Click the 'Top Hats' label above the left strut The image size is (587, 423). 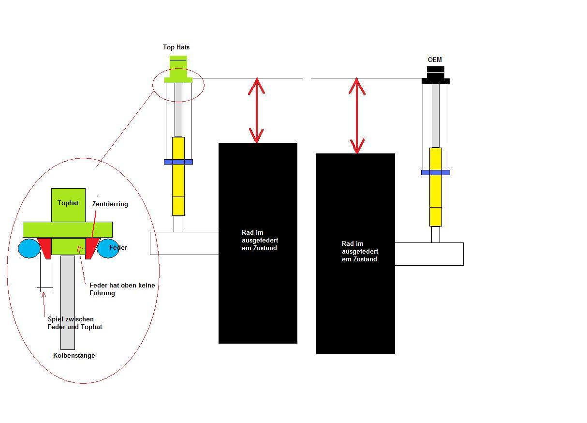click(x=176, y=47)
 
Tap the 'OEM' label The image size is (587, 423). click(x=435, y=60)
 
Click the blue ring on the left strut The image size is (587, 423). click(x=178, y=162)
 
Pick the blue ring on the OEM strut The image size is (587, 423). click(x=435, y=172)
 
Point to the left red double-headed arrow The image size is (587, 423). click(x=256, y=110)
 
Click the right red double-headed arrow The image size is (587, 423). click(x=357, y=116)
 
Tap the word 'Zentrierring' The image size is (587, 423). click(x=110, y=204)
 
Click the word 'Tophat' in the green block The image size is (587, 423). click(x=68, y=203)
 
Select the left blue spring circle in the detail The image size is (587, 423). click(x=29, y=248)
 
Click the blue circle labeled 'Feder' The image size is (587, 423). click(x=109, y=248)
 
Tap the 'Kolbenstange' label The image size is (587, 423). click(x=74, y=355)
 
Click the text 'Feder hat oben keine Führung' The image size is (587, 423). click(x=122, y=289)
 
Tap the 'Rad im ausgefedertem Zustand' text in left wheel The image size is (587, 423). click(x=260, y=240)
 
